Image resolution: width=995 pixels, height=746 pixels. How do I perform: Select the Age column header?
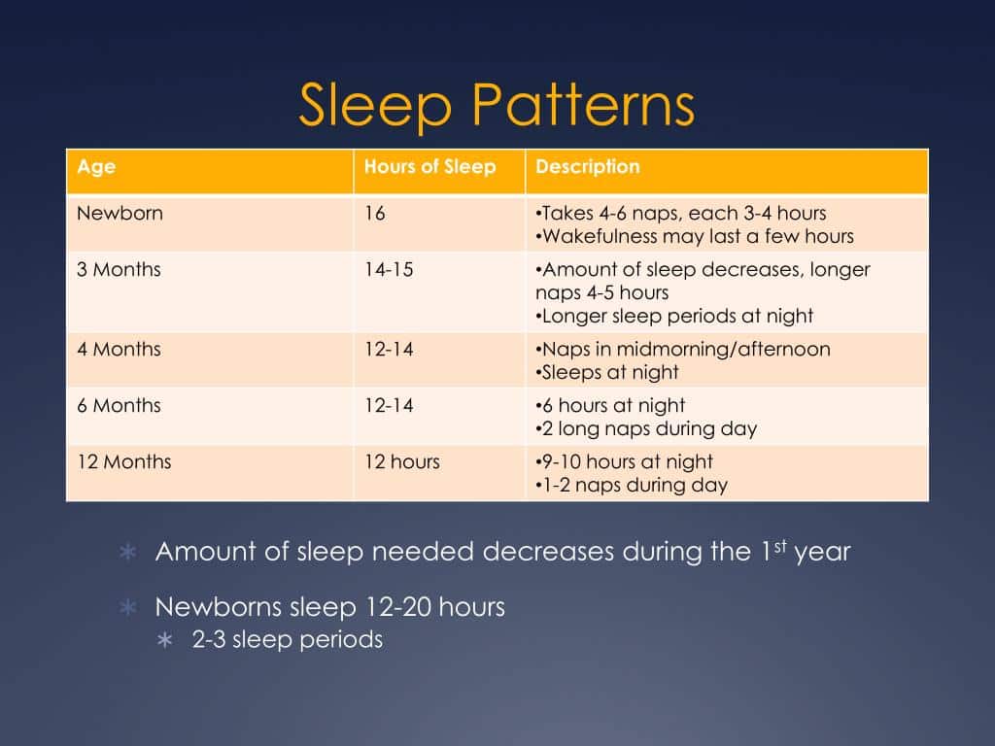96,167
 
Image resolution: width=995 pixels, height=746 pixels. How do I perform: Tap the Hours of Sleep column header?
429,167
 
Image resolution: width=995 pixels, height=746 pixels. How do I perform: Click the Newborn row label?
120,213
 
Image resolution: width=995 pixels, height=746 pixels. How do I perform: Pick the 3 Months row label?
119,269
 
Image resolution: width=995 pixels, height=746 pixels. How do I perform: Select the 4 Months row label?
119,349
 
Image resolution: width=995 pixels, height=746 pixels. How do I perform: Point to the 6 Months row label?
119,405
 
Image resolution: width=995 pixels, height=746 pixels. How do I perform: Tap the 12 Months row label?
123,461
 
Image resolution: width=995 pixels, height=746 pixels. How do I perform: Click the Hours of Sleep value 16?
375,213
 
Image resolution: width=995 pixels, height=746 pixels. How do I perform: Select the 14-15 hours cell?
389,269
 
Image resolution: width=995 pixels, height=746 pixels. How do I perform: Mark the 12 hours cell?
401,461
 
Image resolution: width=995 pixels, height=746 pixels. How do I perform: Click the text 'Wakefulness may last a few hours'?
697,236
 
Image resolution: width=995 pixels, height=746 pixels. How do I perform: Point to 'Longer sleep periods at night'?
676,316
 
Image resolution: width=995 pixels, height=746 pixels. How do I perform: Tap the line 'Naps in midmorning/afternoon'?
685,349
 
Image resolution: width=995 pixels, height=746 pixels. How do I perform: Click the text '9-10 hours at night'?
627,461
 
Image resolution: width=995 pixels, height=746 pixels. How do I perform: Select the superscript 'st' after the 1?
778,545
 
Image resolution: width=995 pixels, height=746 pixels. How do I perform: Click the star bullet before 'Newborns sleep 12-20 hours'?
126,608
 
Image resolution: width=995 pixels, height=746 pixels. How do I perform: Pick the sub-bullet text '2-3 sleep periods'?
287,639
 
